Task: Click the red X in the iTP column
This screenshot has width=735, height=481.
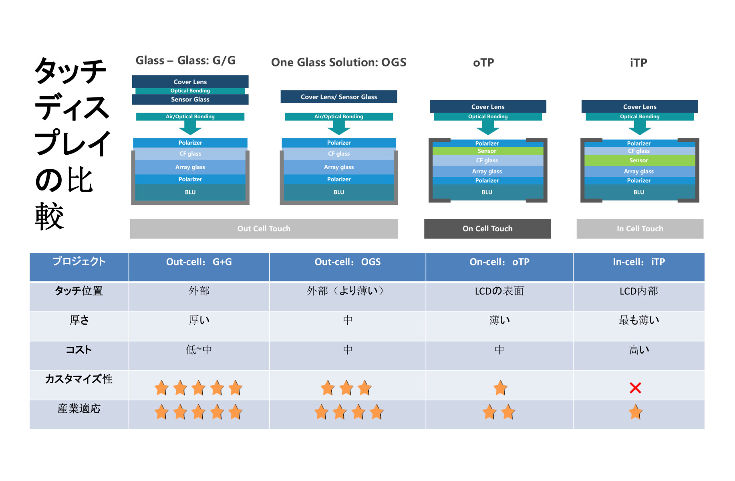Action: [635, 388]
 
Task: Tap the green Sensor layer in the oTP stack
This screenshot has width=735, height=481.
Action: [487, 151]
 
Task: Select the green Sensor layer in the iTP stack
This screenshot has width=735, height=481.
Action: [639, 160]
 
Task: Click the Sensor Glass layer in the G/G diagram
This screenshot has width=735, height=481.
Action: [190, 99]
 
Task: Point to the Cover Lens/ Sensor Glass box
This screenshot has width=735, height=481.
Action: [339, 97]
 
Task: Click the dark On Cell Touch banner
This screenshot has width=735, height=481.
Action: [487, 228]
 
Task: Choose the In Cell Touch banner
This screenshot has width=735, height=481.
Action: [640, 228]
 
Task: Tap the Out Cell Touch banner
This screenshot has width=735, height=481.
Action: [264, 228]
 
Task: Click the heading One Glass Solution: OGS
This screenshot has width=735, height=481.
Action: [339, 63]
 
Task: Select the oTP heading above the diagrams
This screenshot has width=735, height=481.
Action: [483, 63]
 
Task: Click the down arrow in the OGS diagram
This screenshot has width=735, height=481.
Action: [339, 128]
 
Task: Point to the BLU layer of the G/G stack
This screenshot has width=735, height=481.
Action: [190, 192]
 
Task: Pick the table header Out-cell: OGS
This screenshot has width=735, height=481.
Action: [347, 262]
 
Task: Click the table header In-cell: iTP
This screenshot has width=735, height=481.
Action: [639, 262]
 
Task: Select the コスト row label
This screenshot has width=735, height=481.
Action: [79, 350]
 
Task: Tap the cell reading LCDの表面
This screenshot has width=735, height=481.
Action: [499, 291]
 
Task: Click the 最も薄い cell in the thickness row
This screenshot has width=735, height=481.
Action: [639, 320]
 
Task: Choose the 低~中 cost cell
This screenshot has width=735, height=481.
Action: [199, 350]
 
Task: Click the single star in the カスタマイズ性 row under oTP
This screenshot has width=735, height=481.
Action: [500, 388]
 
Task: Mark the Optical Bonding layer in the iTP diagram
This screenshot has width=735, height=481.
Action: [640, 117]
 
